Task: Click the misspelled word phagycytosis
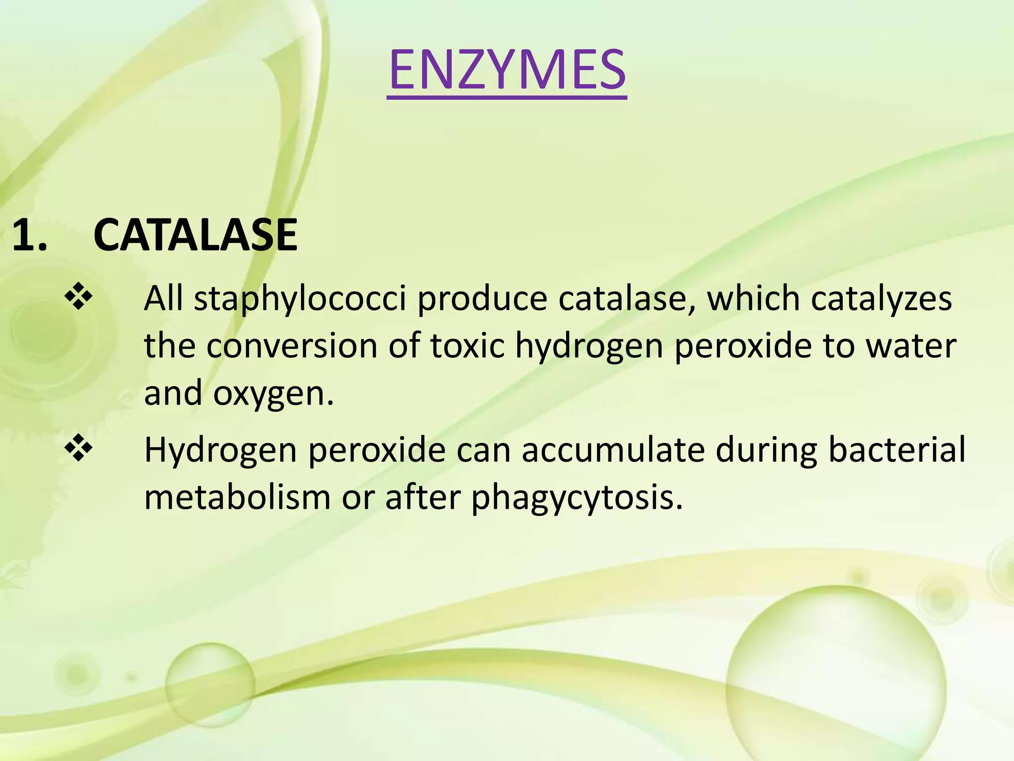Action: pos(577,498)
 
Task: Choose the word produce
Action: pos(482,299)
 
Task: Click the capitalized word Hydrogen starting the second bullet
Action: pos(221,451)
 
